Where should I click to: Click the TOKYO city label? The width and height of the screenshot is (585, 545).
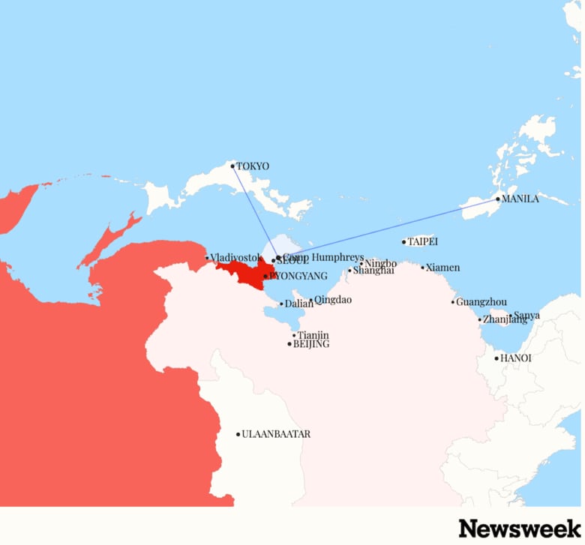coord(253,166)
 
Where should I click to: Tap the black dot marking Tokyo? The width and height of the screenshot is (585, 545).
coord(232,166)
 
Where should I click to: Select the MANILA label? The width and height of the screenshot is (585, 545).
coord(520,199)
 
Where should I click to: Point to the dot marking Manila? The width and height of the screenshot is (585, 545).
coord(497,199)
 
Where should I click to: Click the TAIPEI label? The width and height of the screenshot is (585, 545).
coord(422,242)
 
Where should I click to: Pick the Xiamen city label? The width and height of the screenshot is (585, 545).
coord(442,268)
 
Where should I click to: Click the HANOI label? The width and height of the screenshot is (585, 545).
coord(515,358)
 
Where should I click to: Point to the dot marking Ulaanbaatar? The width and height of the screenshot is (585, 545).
coord(238,434)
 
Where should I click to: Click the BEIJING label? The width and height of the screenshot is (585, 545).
coord(310,344)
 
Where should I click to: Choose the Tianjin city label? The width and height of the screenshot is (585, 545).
coord(313,335)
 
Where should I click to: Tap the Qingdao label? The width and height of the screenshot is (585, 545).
coord(332,300)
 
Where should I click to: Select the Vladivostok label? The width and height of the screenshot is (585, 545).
coord(235,258)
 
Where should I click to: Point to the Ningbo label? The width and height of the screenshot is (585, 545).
coord(380,263)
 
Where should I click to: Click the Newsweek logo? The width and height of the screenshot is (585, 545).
coord(520,528)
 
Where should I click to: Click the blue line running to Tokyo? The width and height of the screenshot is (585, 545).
coord(255,212)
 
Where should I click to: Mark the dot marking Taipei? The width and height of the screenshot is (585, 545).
coord(403,242)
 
